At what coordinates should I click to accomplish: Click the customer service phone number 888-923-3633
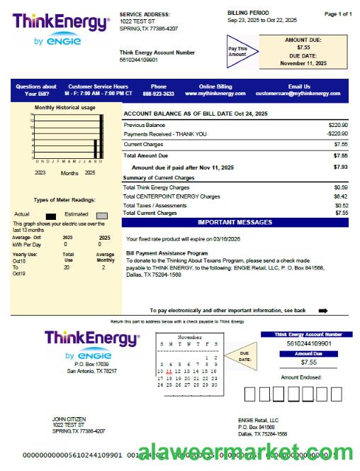pyautogui.click(x=158, y=93)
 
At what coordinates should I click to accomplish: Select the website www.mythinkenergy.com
pyautogui.click(x=215, y=93)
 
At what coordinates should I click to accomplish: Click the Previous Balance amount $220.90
pyautogui.click(x=337, y=124)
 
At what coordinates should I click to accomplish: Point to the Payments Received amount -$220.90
pyautogui.click(x=337, y=133)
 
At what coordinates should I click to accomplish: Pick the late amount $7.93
pyautogui.click(x=340, y=167)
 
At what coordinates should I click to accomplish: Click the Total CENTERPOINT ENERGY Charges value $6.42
pyautogui.click(x=341, y=196)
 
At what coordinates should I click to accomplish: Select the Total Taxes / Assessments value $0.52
pyautogui.click(x=341, y=205)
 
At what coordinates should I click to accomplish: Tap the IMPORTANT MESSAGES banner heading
pyautogui.click(x=235, y=222)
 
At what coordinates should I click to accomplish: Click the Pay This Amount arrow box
pyautogui.click(x=239, y=51)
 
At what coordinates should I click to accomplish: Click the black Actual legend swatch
pyautogui.click(x=50, y=215)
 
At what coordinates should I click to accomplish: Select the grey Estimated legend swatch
pyautogui.click(x=102, y=215)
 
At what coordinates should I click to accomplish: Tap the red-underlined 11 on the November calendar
pyautogui.click(x=169, y=371)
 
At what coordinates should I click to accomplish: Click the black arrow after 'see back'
pyautogui.click(x=323, y=310)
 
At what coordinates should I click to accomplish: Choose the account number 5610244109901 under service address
pyautogui.click(x=139, y=60)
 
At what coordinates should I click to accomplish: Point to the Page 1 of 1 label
pyautogui.click(x=338, y=13)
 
